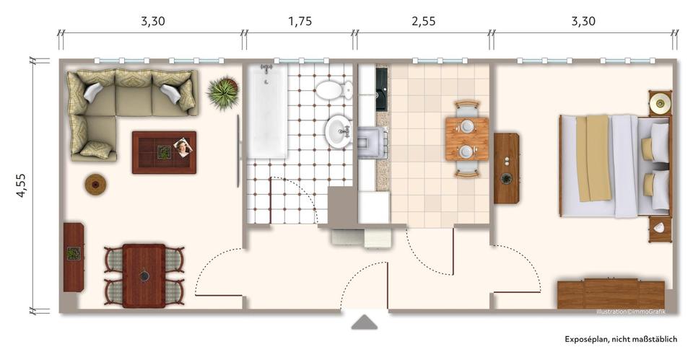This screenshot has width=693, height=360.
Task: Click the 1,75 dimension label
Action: point(300,22)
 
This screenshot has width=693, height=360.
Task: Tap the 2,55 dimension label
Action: point(423,22)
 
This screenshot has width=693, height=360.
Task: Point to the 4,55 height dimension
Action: point(22,185)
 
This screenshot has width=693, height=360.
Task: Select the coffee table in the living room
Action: point(164,152)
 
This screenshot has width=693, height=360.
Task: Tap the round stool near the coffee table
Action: point(96,185)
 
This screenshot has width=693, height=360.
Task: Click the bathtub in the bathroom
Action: point(267,112)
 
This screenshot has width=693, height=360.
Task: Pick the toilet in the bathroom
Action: point(333,91)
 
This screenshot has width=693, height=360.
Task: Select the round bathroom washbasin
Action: point(338,132)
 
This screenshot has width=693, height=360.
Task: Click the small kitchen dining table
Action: point(466,139)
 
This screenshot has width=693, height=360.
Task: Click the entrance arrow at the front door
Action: point(364,322)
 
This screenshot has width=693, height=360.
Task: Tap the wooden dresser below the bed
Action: point(611,294)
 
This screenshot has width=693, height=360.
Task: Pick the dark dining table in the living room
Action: point(144,275)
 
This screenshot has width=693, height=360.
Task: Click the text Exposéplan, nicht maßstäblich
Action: point(621,339)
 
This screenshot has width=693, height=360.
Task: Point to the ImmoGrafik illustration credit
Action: point(630,312)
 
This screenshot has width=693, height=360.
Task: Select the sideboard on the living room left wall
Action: point(74,257)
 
